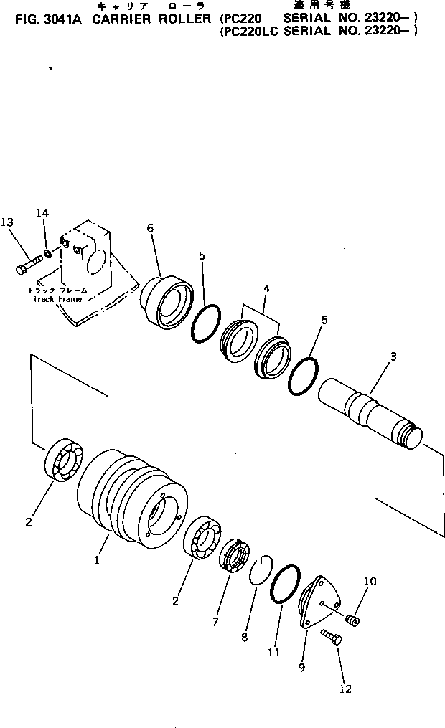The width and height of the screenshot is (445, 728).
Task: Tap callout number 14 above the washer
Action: (43, 213)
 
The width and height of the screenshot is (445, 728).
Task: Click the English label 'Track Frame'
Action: (57, 298)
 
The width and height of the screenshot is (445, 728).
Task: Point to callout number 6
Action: (150, 228)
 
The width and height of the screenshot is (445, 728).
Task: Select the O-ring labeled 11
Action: (286, 587)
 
